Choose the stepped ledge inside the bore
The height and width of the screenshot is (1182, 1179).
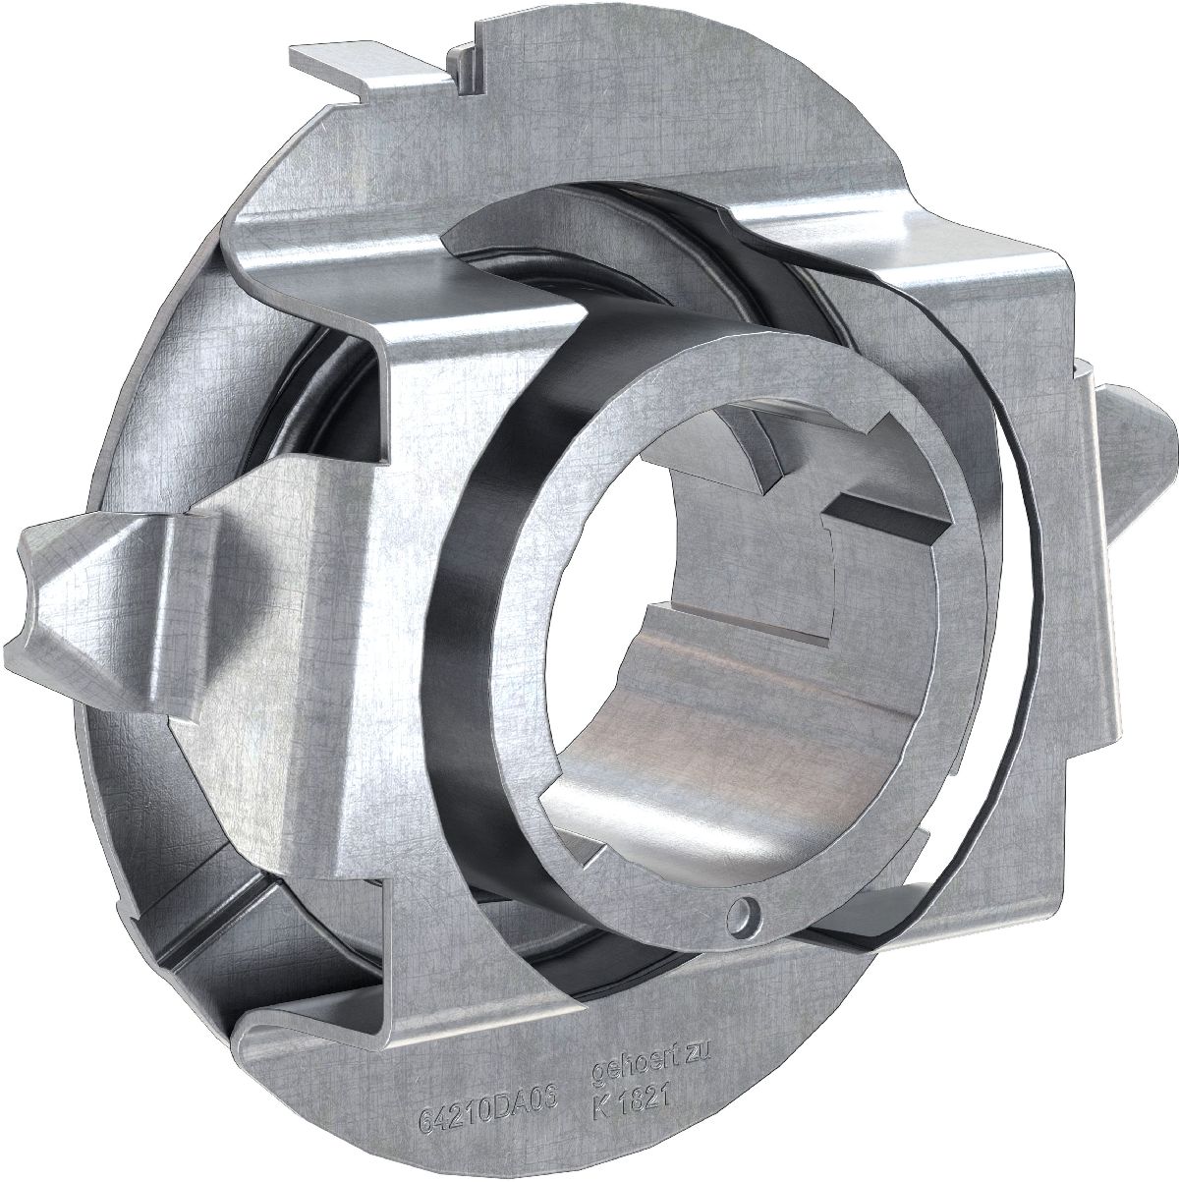[747, 629]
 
